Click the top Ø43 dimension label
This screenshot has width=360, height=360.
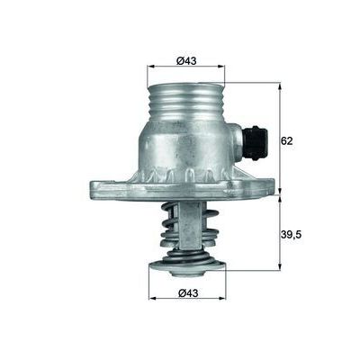(x=186, y=60)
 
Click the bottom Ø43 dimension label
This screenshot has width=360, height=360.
(x=186, y=291)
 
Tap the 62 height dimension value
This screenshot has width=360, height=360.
(x=287, y=140)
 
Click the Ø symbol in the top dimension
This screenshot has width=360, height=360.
(x=179, y=60)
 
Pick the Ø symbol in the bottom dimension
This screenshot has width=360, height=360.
(x=179, y=291)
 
